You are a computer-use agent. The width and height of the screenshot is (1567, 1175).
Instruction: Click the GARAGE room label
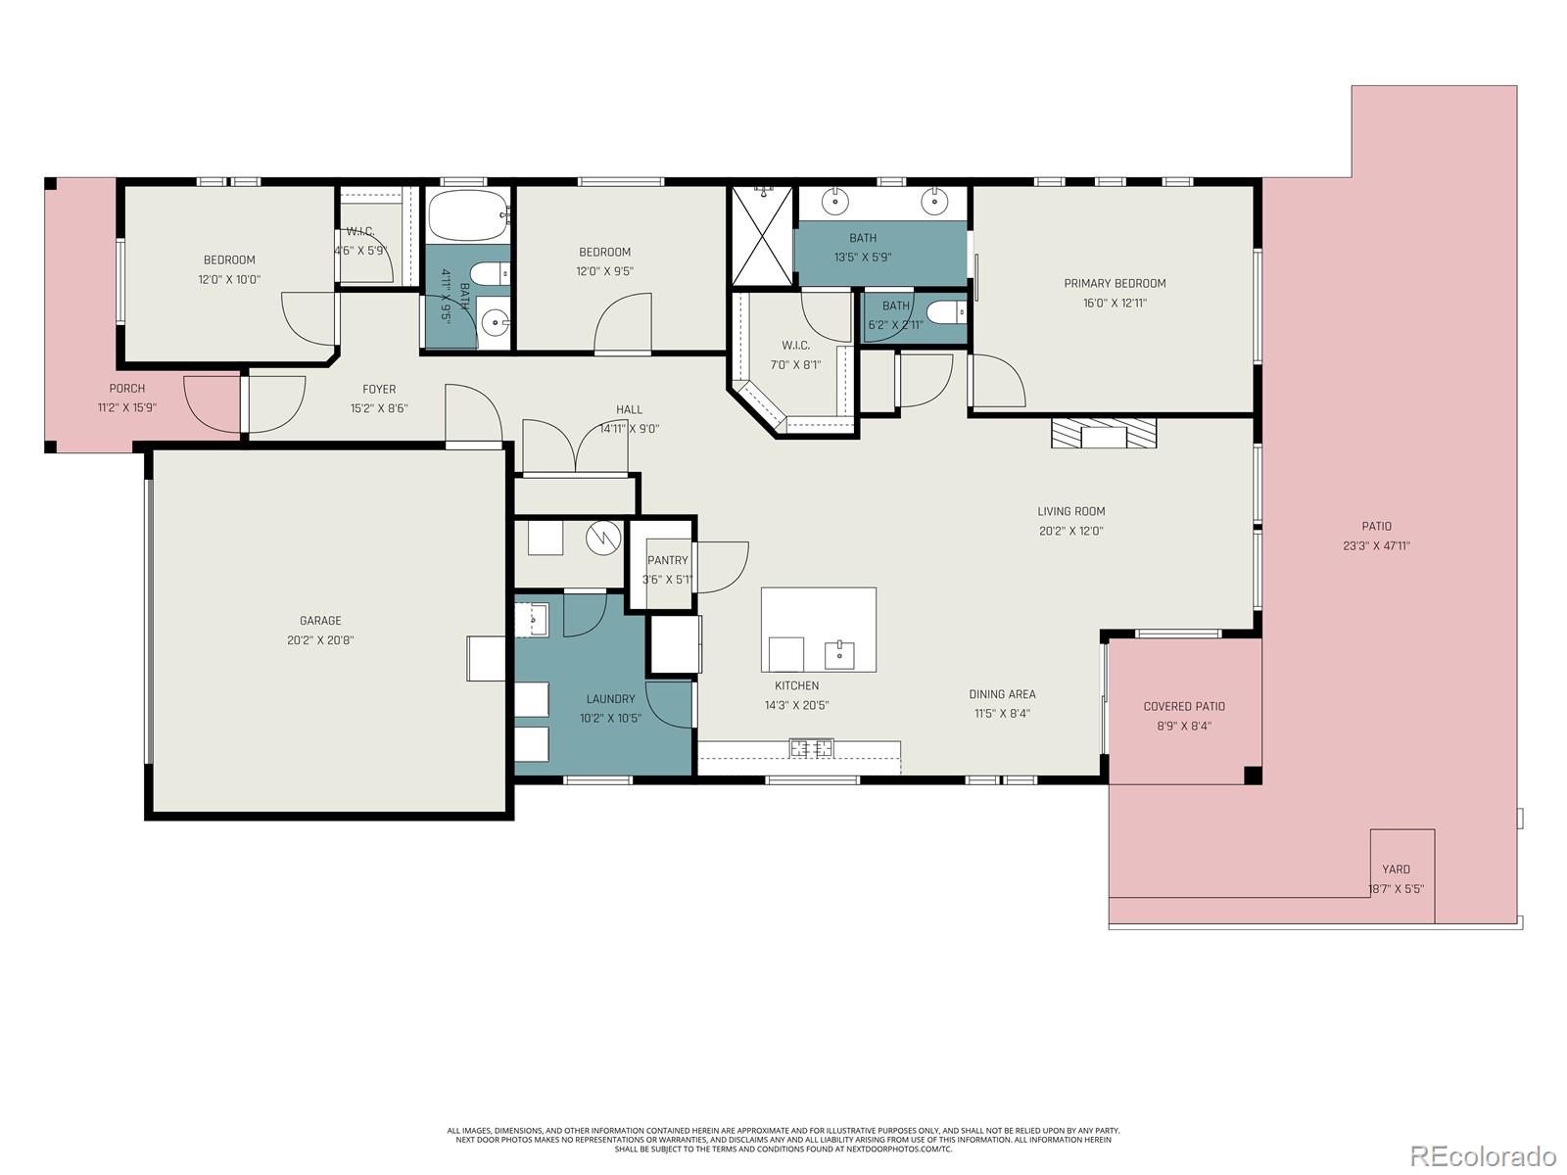tap(320, 620)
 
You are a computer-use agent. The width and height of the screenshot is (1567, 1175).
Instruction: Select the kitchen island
tap(818, 630)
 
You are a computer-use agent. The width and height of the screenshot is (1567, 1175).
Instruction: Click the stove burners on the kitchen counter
tap(812, 749)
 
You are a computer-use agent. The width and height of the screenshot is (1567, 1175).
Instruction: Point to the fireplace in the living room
tap(1104, 433)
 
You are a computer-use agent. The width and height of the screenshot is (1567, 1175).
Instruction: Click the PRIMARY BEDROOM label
tap(1115, 283)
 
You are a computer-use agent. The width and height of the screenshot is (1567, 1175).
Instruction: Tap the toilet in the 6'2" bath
tap(945, 312)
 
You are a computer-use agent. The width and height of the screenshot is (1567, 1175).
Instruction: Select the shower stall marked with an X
tap(762, 237)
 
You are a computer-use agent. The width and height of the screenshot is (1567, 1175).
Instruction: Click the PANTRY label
tap(667, 560)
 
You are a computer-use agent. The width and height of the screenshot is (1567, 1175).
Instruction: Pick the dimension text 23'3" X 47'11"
tap(1376, 546)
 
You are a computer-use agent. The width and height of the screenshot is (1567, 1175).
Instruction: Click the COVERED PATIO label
tap(1184, 706)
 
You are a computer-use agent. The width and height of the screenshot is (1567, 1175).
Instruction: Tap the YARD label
tap(1396, 869)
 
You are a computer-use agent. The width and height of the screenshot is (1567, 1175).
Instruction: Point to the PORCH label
tap(127, 389)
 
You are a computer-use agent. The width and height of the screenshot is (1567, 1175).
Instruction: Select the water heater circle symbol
tap(603, 538)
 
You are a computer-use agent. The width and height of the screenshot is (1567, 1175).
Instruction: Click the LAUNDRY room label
tap(610, 699)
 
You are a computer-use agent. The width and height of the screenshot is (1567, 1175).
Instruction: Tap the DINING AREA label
tap(1002, 694)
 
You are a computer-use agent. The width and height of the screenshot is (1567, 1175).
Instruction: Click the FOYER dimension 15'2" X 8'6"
tap(379, 409)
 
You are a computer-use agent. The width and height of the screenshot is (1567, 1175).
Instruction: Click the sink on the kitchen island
tap(839, 654)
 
